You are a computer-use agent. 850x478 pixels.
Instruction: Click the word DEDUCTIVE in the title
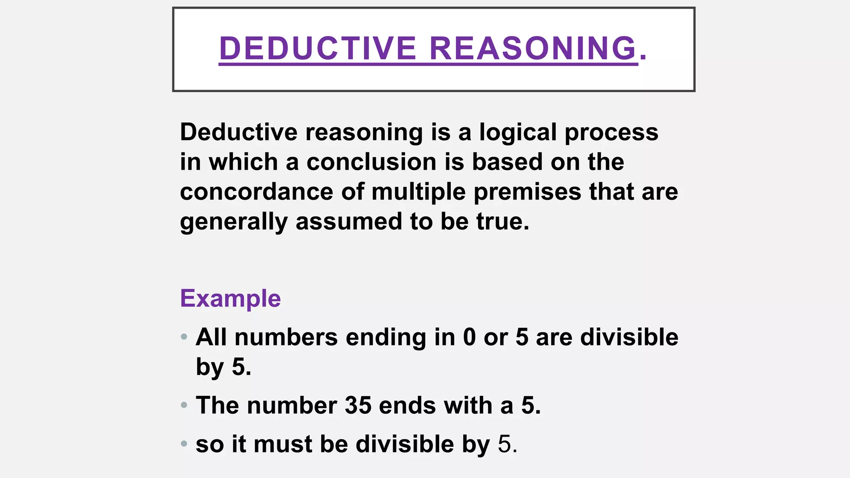tap(318, 49)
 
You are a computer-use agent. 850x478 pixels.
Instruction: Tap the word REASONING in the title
tap(533, 49)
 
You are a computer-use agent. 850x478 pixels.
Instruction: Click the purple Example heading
tap(230, 298)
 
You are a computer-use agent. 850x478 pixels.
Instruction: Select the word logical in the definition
tap(518, 132)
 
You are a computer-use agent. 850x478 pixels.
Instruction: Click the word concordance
tap(256, 192)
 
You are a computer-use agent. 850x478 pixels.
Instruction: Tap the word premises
tap(528, 192)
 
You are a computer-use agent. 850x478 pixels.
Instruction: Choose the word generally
tap(234, 222)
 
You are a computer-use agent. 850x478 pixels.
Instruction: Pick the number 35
tap(358, 405)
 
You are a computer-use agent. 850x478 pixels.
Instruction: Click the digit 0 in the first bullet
tap(469, 337)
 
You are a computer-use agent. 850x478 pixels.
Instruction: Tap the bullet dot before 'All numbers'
tap(184, 337)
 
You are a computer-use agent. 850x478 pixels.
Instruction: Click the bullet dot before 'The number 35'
tap(184, 405)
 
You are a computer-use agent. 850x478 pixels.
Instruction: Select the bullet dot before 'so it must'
tap(184, 444)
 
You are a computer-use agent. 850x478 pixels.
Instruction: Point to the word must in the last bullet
tap(283, 444)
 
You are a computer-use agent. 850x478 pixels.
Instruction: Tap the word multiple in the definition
tap(418, 192)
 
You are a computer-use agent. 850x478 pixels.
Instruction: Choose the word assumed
tap(349, 222)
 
